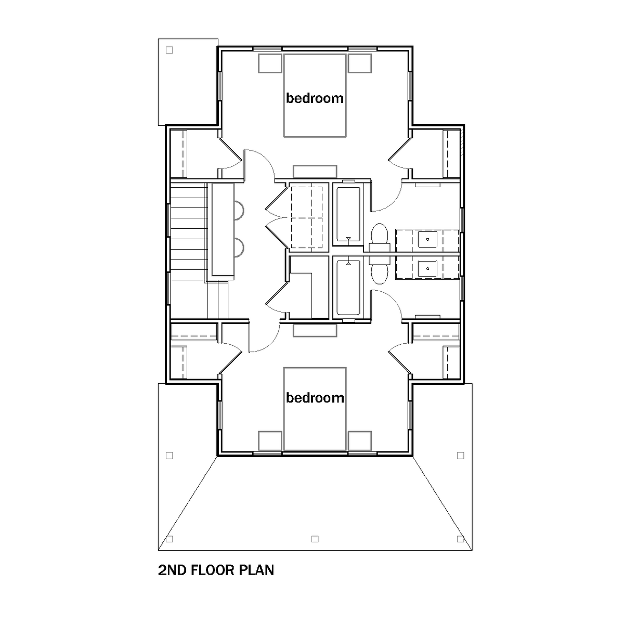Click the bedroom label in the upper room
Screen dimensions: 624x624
coord(315,98)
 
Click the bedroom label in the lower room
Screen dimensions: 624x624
coord(315,398)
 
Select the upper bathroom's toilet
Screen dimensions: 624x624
coord(380,237)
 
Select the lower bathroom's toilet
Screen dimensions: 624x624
coord(380,270)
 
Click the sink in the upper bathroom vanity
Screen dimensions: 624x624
coord(427,239)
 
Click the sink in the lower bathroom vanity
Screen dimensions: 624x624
coord(427,268)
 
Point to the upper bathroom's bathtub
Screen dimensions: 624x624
coord(348,214)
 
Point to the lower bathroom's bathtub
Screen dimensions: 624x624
coord(348,288)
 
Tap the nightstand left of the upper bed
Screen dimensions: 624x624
coord(270,63)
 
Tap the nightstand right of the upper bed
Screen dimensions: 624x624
coord(360,63)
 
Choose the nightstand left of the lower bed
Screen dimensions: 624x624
coord(270,441)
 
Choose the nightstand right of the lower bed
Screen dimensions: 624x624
coord(360,441)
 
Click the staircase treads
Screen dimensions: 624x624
coord(188,232)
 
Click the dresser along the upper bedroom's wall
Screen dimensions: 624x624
coord(315,172)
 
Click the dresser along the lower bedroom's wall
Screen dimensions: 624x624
coord(315,331)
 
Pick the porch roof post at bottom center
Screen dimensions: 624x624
coord(315,539)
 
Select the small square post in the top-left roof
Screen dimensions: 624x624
coord(169,50)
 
